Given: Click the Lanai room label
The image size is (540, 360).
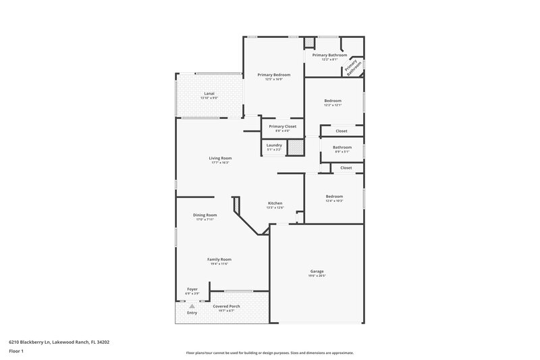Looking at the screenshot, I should click(x=209, y=93).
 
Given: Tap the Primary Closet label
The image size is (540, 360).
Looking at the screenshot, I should click(x=282, y=126).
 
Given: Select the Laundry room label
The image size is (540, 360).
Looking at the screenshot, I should click(x=274, y=145).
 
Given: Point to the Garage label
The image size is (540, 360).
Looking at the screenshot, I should click(x=316, y=270).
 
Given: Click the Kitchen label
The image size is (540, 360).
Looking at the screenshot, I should click(x=275, y=203).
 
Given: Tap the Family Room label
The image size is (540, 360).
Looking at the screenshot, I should click(x=220, y=259).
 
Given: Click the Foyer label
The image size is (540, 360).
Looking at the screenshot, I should click(x=192, y=289).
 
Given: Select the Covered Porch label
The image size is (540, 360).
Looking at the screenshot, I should click(x=226, y=306).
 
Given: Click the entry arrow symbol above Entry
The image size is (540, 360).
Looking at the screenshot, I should click(x=192, y=306).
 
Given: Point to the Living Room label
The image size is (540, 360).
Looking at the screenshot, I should click(x=221, y=158).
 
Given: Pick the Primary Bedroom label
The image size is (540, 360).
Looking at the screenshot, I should click(x=274, y=75).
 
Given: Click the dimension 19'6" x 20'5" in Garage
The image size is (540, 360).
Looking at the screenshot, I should click(x=316, y=275).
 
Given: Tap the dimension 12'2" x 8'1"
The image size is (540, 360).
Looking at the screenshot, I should click(x=330, y=59).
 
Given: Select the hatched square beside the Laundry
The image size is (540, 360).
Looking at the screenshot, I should click(x=294, y=147).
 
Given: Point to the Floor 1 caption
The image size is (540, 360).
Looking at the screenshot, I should click(x=16, y=351).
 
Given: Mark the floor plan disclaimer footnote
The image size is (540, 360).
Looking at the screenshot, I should click(x=269, y=353).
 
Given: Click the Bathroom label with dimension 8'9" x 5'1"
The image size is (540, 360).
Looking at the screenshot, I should click(x=342, y=147).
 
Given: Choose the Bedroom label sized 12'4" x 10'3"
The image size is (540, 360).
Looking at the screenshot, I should click(x=335, y=197).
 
